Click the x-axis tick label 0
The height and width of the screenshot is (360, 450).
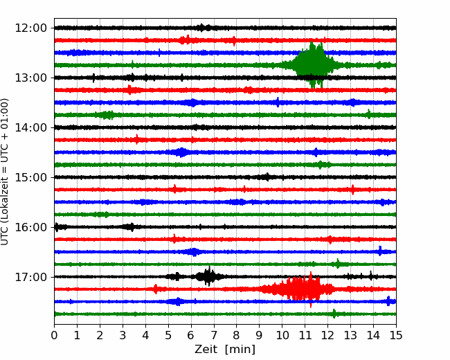(55, 335)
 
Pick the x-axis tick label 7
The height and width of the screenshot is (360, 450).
(214, 335)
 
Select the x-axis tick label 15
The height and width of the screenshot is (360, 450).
(395, 335)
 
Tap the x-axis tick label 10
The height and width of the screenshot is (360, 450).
(282, 335)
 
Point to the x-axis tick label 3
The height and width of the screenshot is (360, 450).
(123, 335)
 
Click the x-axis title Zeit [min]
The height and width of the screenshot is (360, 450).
(225, 350)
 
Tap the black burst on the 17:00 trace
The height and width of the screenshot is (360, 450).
(207, 277)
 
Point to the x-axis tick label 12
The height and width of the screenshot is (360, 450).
(327, 335)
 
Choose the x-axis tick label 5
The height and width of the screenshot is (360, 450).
(168, 335)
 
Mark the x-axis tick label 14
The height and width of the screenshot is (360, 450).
(372, 335)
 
